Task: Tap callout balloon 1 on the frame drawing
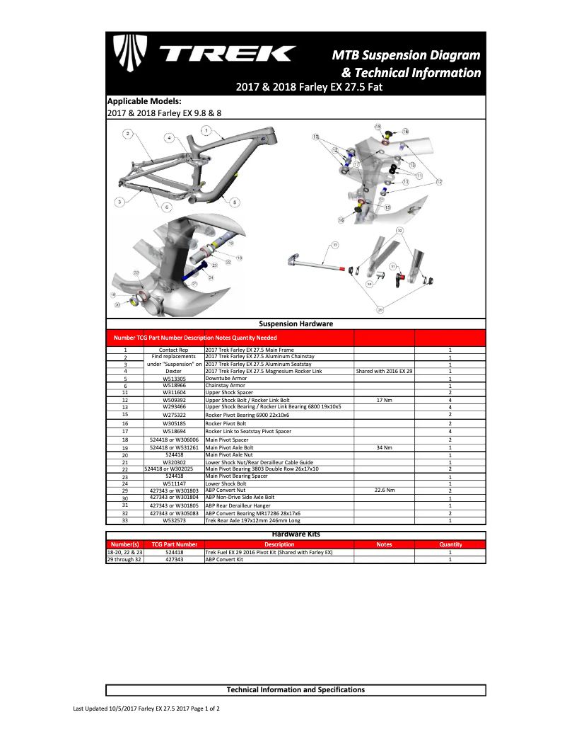point(205,130)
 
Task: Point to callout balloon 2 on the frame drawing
point(127,133)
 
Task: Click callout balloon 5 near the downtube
point(234,202)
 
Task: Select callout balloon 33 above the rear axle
point(335,246)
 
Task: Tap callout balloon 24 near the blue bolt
point(211,277)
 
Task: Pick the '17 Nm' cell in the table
point(384,400)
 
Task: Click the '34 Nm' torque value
point(384,447)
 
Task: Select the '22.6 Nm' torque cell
point(384,490)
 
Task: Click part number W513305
point(174,379)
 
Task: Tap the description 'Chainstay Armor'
point(227,386)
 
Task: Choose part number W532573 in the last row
point(174,520)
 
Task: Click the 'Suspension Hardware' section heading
point(296,323)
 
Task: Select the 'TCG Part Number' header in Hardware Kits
point(174,544)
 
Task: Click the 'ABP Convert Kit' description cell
point(223,559)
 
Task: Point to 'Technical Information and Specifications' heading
point(296,689)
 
